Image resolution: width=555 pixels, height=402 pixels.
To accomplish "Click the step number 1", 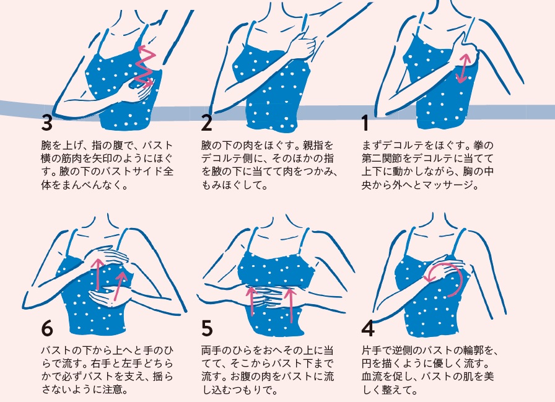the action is (365, 123).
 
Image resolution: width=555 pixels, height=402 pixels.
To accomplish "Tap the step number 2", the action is (206, 123).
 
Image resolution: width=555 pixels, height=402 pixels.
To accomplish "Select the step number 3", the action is (46, 123).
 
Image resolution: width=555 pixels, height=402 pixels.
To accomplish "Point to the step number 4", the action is (368, 328).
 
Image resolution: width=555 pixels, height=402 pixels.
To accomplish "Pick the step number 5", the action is (207, 328).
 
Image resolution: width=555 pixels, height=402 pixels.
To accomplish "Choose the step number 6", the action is (47, 328).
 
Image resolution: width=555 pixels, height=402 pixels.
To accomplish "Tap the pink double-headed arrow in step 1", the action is (463, 68).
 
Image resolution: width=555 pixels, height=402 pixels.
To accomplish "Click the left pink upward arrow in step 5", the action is (251, 301).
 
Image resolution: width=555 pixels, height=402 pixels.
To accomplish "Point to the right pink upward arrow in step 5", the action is (291, 305).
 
